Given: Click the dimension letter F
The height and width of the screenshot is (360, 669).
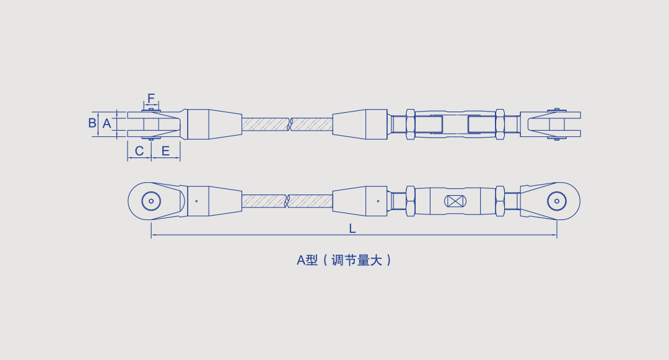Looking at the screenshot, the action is click(151, 99).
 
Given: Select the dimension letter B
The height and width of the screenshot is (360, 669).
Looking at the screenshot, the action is click(92, 123).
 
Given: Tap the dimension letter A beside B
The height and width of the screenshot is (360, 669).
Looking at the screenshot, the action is click(107, 124).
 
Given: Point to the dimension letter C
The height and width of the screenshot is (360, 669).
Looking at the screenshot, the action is click(139, 151).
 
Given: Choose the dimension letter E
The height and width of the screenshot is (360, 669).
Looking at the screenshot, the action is click(165, 151).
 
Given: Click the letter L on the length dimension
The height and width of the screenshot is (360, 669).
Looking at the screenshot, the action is click(352, 229).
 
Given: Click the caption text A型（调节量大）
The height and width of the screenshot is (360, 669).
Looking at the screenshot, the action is click(344, 260).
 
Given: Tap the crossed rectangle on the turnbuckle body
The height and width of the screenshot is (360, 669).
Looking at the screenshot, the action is click(455, 201).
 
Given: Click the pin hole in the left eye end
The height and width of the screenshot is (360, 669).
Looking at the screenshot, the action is click(151, 201).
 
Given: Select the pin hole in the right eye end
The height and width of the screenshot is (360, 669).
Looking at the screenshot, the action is click(557, 201).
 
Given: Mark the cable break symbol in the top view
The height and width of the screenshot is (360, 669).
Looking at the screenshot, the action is click(290, 124).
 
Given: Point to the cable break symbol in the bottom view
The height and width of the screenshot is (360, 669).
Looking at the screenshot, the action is click(287, 201).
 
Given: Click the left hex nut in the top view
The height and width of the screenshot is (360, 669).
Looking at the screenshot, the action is click(411, 124).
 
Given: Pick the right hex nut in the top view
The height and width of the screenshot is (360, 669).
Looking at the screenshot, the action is click(500, 124).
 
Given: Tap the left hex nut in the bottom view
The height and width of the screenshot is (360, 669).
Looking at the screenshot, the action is click(411, 201).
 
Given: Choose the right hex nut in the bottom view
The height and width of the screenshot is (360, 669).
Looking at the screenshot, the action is click(500, 201).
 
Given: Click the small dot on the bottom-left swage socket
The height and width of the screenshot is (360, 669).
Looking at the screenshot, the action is click(196, 201).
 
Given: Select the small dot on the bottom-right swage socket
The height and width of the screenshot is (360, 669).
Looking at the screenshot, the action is click(378, 201).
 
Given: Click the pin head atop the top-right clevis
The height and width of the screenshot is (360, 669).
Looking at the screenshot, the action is click(556, 110).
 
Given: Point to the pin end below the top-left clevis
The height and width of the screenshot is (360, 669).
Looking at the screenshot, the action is click(151, 138).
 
